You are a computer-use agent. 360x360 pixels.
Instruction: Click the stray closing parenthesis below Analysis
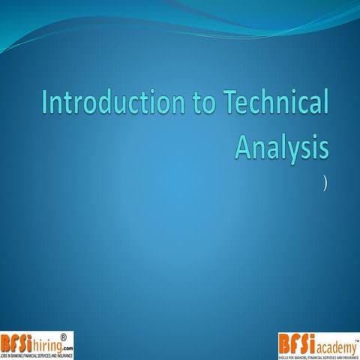[325, 181]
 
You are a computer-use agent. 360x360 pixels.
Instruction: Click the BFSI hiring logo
[37, 344]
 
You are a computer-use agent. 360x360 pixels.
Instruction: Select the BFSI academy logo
[318, 344]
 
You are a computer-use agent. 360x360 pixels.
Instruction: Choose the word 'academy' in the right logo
[330, 344]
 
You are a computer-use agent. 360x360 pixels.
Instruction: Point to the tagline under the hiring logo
[37, 355]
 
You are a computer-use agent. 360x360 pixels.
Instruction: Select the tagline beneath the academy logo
[318, 355]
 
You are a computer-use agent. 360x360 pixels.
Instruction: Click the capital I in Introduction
[46, 106]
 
